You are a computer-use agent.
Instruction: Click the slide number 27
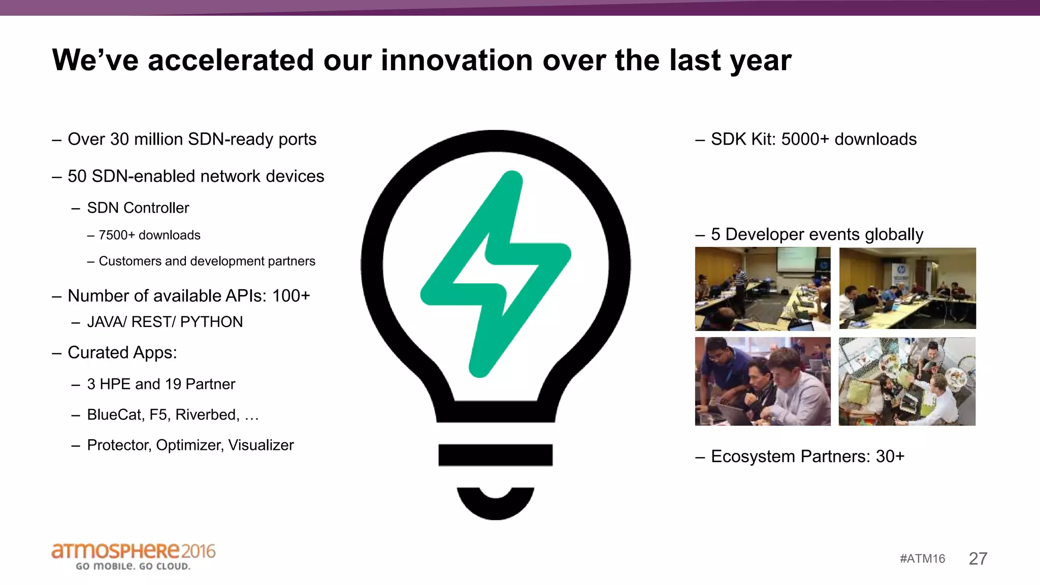pos(978,559)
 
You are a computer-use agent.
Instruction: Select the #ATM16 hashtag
pos(922,559)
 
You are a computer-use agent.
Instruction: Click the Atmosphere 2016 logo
pos(133,551)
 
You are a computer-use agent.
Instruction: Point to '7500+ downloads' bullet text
pos(149,235)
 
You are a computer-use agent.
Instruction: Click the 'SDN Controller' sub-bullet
pos(138,208)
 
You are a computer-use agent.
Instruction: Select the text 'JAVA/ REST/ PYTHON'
pos(165,322)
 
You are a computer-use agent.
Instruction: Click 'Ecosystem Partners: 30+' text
pos(807,456)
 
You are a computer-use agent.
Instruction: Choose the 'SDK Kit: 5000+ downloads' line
pos(814,139)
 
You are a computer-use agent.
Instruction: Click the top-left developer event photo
pos(762,288)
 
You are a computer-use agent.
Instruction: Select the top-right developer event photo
pos(907,288)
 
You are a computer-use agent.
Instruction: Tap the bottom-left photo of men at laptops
pos(762,381)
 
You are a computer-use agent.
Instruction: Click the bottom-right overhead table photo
pos(907,381)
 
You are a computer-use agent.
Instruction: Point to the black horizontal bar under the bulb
pos(495,454)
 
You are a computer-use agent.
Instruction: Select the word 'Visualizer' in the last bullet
pos(261,445)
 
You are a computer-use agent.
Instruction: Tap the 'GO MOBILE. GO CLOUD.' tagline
pos(133,566)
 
